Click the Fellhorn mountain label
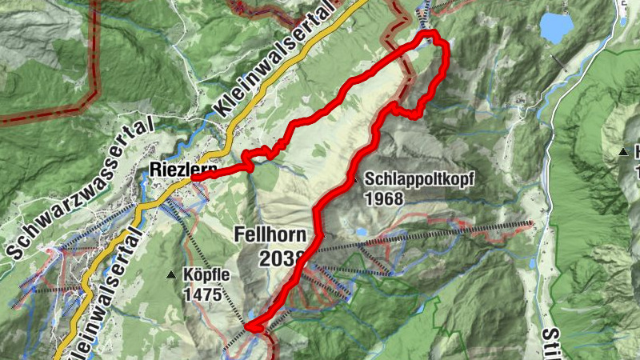point(270,234)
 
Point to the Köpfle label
point(207,274)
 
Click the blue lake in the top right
point(556,27)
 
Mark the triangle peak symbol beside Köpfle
point(170,275)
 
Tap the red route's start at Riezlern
point(193,178)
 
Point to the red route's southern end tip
point(249,326)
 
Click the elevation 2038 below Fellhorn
point(282,258)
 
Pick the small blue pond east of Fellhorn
point(361,232)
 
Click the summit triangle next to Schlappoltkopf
point(354,180)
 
